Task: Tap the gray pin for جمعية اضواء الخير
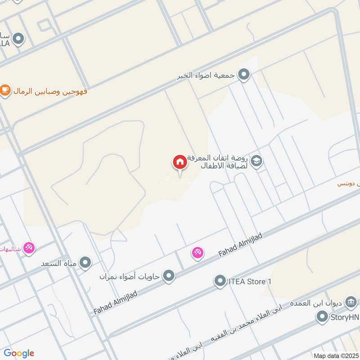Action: click(x=243, y=74)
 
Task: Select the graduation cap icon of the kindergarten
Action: click(x=256, y=161)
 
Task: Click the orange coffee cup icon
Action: click(x=5, y=90)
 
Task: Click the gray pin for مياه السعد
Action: click(x=85, y=262)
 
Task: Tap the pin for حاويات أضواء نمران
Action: click(x=169, y=275)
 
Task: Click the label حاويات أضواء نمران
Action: click(x=130, y=276)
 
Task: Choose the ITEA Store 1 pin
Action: click(x=220, y=282)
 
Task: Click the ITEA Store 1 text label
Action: click(x=250, y=282)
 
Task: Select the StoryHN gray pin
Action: click(x=321, y=318)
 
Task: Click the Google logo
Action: click(x=19, y=353)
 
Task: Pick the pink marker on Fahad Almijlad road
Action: click(x=198, y=253)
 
